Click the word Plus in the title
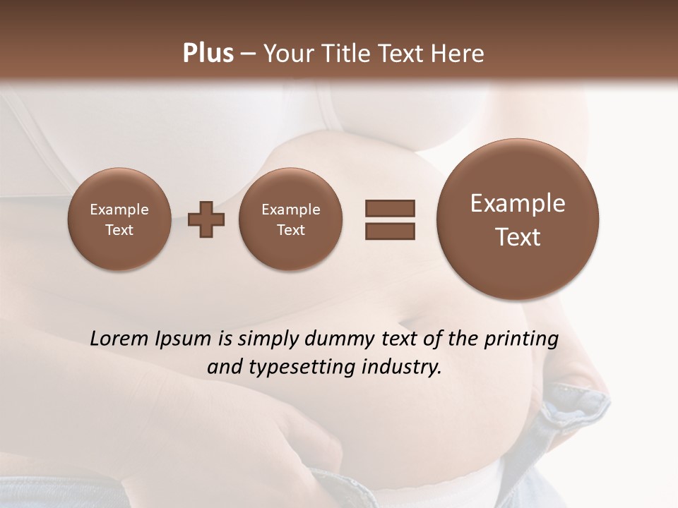click(x=208, y=54)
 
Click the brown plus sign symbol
click(x=206, y=219)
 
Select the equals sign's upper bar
click(x=390, y=208)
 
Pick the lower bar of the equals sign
click(x=390, y=231)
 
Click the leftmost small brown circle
click(x=119, y=219)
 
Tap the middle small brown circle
click(x=290, y=219)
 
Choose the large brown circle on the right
click(x=518, y=219)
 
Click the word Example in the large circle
click(x=518, y=203)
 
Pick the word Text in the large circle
click(x=518, y=237)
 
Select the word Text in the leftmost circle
click(x=119, y=230)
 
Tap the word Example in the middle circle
click(x=290, y=210)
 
